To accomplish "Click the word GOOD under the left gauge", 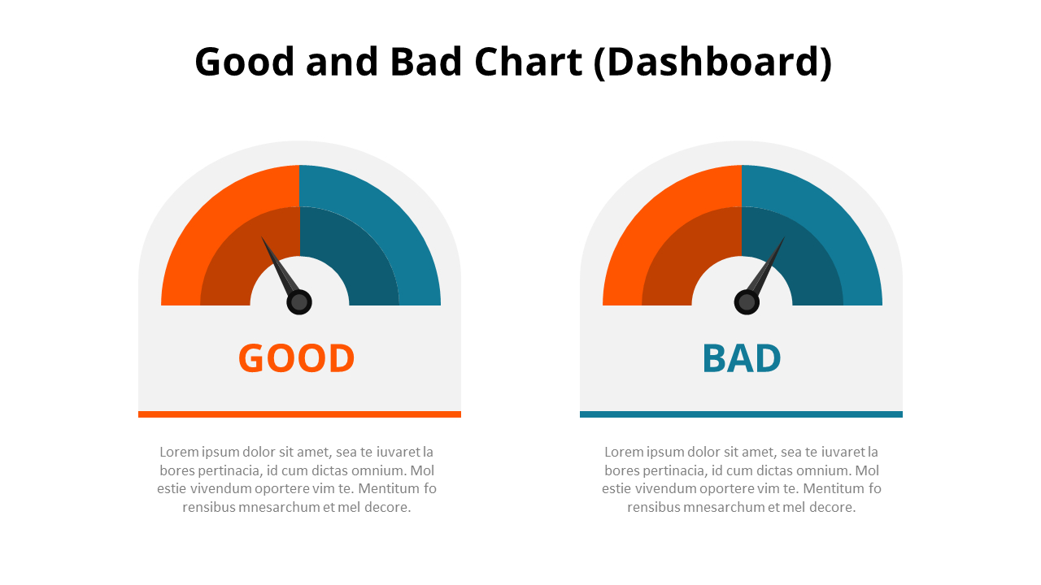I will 296,358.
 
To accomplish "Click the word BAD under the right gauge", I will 741,358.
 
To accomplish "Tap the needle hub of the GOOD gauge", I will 299,302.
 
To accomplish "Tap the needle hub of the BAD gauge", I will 747,302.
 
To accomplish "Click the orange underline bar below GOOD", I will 299,414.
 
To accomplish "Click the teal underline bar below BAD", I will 741,414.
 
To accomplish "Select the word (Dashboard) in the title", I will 712,63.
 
